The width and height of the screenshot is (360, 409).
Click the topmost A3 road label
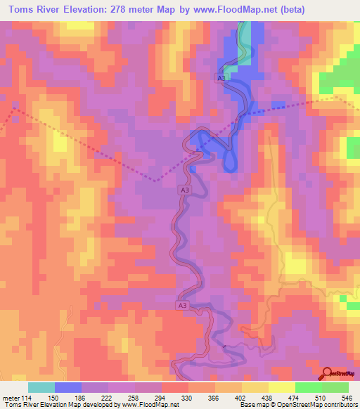[x=221, y=79]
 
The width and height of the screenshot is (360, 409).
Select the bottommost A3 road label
[x=182, y=306]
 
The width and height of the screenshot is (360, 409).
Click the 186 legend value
[x=81, y=398]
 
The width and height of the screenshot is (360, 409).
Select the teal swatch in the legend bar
[x=41, y=387]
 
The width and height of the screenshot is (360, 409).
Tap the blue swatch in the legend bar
[x=68, y=387]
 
